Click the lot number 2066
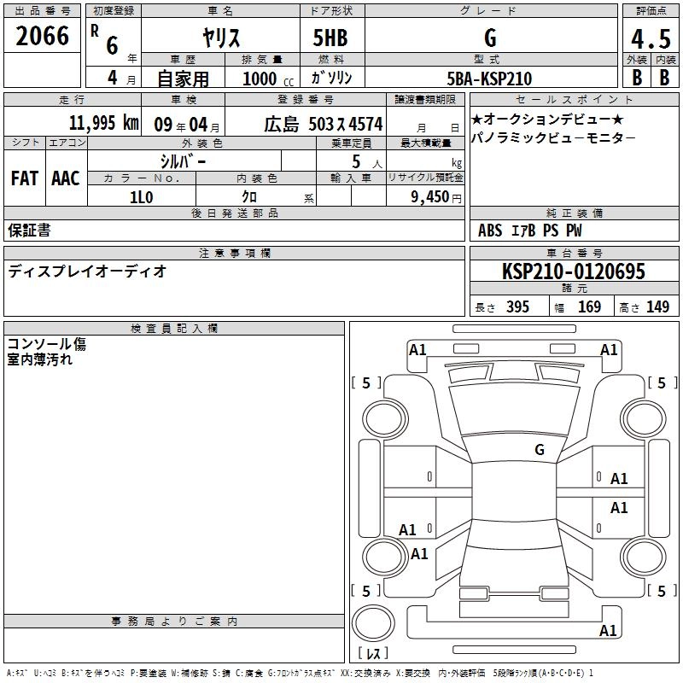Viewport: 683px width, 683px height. tap(42, 36)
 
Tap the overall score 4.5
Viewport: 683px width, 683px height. tap(651, 38)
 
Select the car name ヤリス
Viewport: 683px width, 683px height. tap(221, 38)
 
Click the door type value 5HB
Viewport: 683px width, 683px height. tap(330, 38)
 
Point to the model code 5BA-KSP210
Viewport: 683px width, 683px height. tap(489, 79)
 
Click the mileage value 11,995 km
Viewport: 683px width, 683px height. tap(104, 123)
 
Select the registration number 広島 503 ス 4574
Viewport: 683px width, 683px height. tap(324, 125)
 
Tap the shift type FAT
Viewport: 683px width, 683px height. tap(25, 178)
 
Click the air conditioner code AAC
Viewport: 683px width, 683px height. tap(66, 178)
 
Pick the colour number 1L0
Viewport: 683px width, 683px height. tap(142, 197)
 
